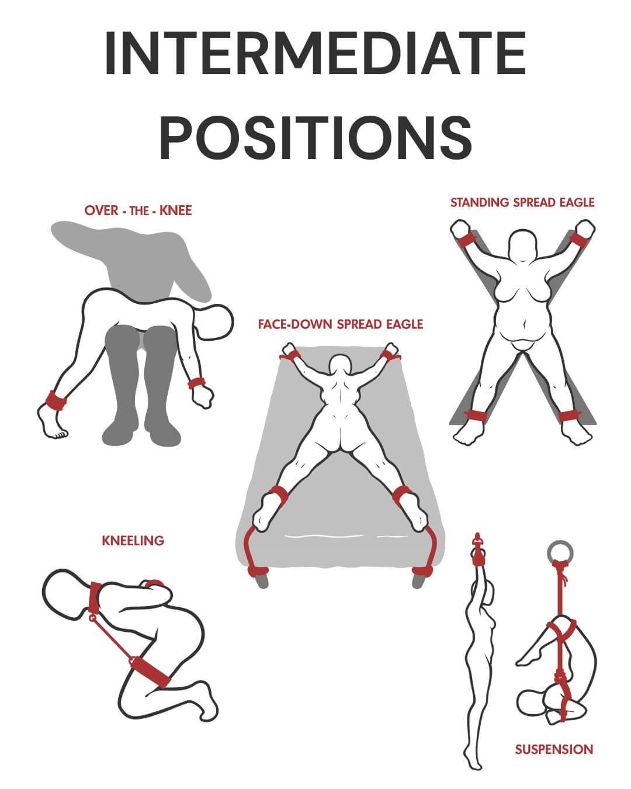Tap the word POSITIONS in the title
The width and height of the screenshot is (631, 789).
[x=315, y=137]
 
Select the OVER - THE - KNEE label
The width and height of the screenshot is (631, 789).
[x=138, y=210]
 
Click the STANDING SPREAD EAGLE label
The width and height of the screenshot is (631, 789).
[x=522, y=202]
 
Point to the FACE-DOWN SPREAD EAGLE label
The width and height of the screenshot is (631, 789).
[x=341, y=324]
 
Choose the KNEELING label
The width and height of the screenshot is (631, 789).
[x=133, y=541]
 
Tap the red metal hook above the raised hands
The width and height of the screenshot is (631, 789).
[x=477, y=539]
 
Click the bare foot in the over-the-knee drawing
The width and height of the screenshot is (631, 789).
[x=53, y=423]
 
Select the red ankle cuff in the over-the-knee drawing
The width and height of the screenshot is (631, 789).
[x=56, y=401]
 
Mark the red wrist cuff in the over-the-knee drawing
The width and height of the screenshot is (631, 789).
[x=196, y=383]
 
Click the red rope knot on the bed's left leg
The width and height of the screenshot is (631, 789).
[x=258, y=571]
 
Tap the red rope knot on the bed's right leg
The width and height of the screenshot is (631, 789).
[x=423, y=571]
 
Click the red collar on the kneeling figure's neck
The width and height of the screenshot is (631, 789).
[x=95, y=597]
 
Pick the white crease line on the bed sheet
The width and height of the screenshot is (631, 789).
[x=346, y=537]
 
